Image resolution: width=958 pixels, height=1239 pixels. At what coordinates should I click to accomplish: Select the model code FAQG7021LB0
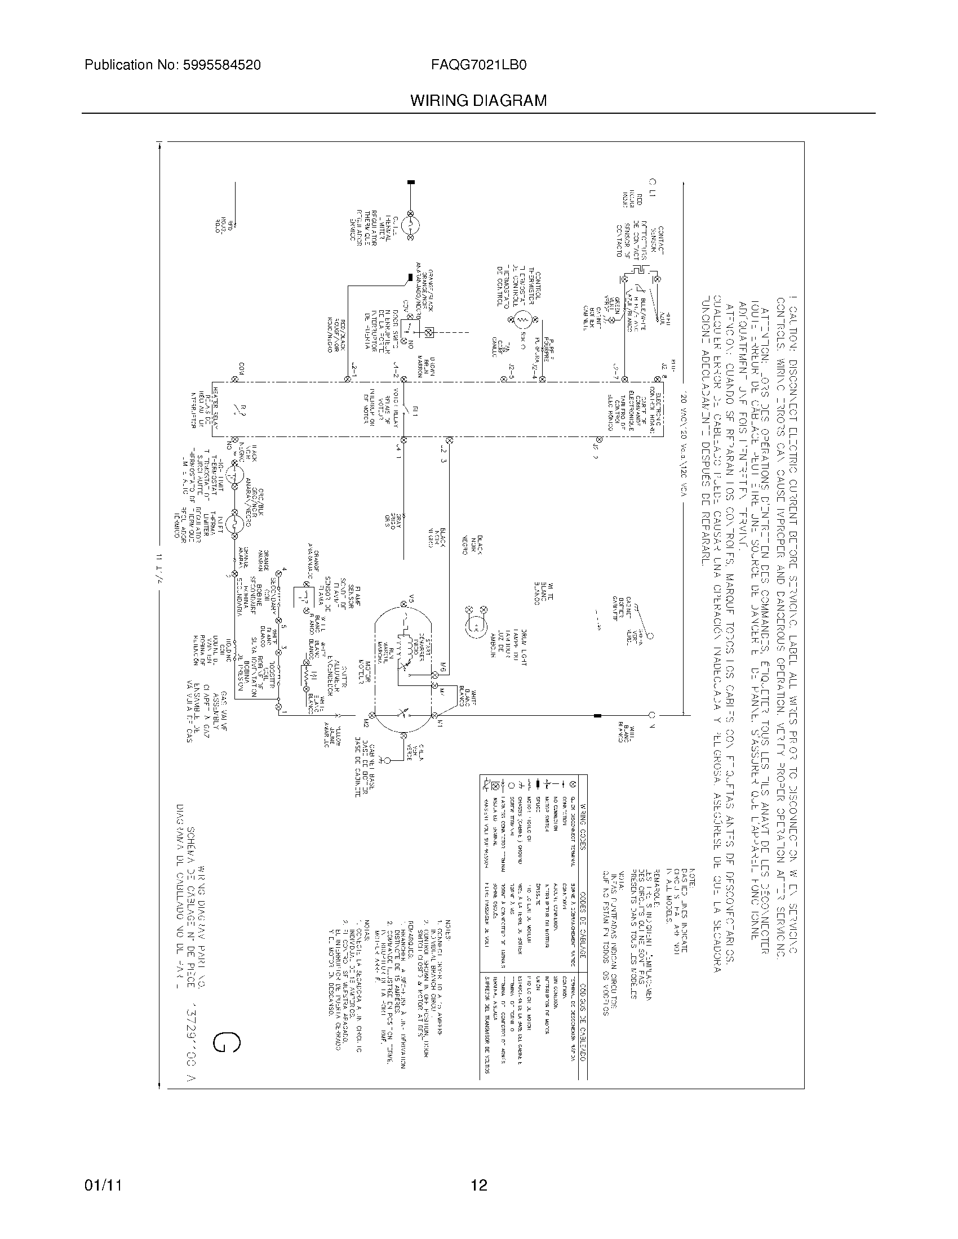[x=479, y=65]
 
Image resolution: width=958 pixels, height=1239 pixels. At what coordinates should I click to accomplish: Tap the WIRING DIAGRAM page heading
[x=478, y=101]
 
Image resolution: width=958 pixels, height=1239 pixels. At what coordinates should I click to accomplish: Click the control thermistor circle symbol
[x=522, y=321]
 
